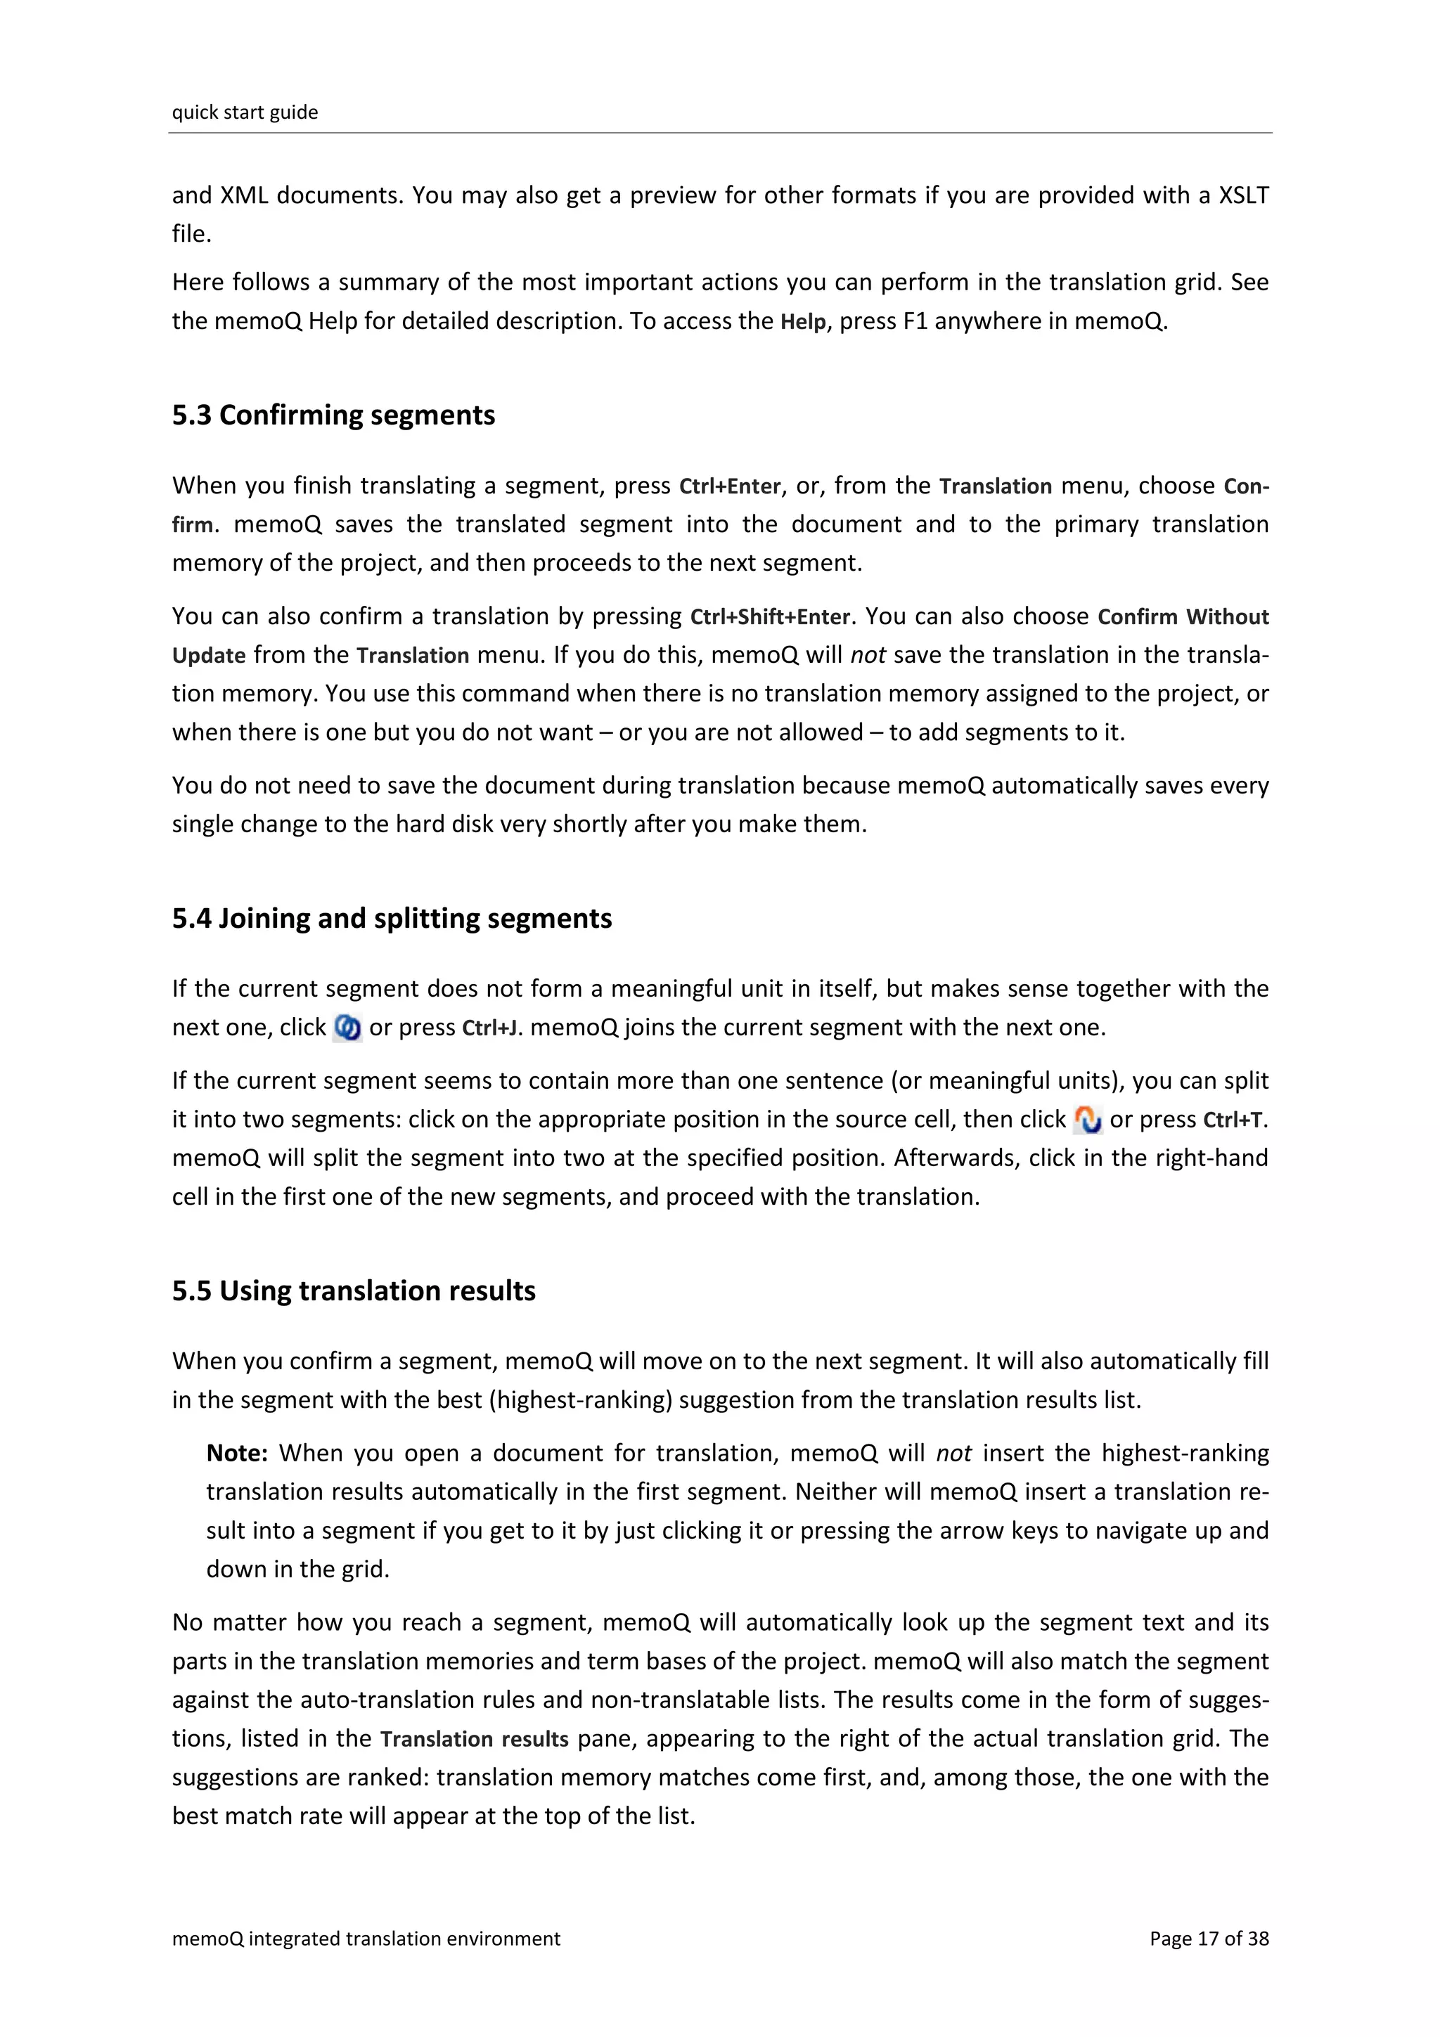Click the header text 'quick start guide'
pyautogui.click(x=245, y=112)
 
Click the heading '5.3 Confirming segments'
pyautogui.click(x=333, y=415)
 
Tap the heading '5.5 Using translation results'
pyautogui.click(x=353, y=1291)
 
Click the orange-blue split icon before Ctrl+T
pyautogui.click(x=1087, y=1120)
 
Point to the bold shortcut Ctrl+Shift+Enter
pyautogui.click(x=769, y=616)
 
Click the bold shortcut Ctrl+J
pyautogui.click(x=491, y=1028)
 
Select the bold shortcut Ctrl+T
pyautogui.click(x=1233, y=1120)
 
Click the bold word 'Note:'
pyautogui.click(x=237, y=1453)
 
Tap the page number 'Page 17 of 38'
pyautogui.click(x=1209, y=1939)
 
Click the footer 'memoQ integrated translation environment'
pyautogui.click(x=366, y=1939)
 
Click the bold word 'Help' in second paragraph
pyautogui.click(x=803, y=322)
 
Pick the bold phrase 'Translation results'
pyautogui.click(x=474, y=1739)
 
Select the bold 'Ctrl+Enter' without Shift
pyautogui.click(x=729, y=486)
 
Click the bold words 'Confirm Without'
pyautogui.click(x=1183, y=616)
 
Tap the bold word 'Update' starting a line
pyautogui.click(x=209, y=656)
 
